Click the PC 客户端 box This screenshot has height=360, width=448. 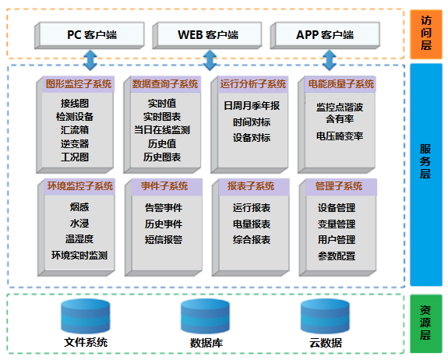[90, 35]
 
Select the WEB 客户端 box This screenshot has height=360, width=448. [207, 35]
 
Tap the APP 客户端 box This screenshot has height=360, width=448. [325, 35]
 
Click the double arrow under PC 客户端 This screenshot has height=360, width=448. [90, 60]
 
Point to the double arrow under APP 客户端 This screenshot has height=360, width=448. [330, 60]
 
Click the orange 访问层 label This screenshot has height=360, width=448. [426, 34]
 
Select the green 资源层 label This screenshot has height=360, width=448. [426, 323]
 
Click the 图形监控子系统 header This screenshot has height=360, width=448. [79, 84]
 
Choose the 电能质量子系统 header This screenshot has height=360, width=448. [340, 84]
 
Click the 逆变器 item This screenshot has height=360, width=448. [75, 143]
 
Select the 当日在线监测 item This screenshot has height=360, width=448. [162, 130]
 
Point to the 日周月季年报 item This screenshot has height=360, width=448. [252, 106]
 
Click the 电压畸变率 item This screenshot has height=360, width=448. [340, 136]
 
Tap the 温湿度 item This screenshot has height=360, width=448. [79, 239]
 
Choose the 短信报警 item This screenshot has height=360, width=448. [164, 239]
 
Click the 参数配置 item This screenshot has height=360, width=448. [337, 256]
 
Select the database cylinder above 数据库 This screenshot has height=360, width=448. [205, 316]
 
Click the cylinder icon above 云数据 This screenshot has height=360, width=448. [325, 316]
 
